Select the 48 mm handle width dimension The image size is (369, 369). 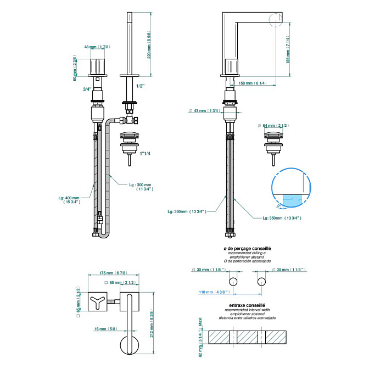[x=98, y=47]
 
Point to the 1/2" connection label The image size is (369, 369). [x=141, y=86]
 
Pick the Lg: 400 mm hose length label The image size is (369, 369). [x=69, y=200]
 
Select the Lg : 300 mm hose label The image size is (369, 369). [x=141, y=187]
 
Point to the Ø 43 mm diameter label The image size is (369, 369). [x=205, y=111]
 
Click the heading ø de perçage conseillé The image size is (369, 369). [x=247, y=249]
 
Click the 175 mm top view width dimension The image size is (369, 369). [x=113, y=273]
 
